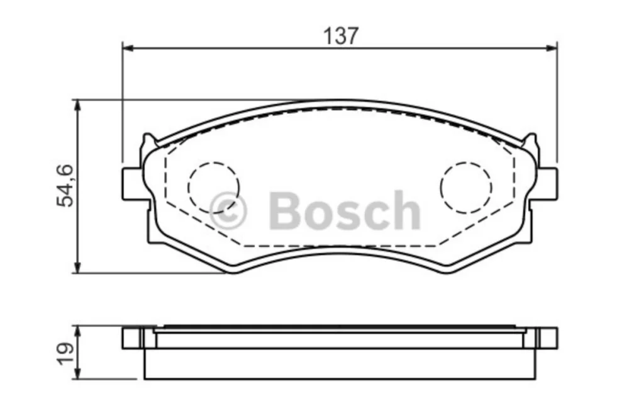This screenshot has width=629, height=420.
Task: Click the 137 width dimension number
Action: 340,36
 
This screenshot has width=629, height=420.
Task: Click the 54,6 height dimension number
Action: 65,186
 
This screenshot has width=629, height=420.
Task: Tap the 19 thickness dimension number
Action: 65,353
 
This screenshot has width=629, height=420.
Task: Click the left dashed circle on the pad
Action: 213,187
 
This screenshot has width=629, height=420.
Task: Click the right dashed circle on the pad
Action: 466,188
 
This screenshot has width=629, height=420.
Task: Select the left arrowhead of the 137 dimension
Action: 128,48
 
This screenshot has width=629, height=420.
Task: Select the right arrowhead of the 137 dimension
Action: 552,48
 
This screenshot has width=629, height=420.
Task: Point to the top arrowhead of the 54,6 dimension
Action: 78,106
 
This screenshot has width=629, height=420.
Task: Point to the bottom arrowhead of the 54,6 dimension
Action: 78,268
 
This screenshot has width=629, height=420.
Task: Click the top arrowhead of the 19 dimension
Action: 78,332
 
